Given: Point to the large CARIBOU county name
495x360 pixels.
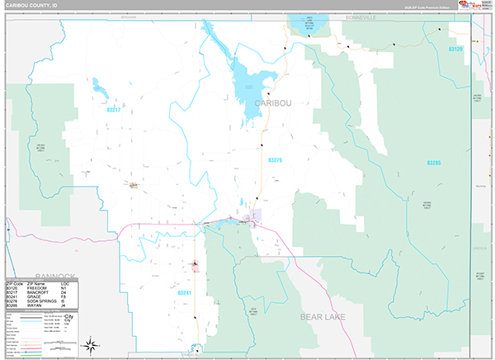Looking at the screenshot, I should point(276,102).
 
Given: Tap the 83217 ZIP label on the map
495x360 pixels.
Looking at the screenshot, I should point(114,109).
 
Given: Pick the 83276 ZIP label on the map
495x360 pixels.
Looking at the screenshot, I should point(275,160).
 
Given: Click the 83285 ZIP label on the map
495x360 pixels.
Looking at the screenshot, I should point(434,163).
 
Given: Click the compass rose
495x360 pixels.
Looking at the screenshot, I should point(93,344).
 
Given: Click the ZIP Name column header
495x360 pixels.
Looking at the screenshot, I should point(36,281).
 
